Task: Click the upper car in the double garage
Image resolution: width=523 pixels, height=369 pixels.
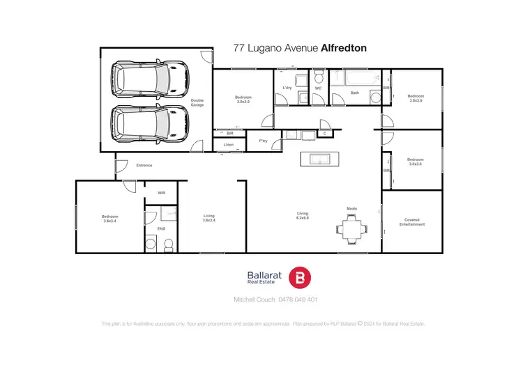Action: pyautogui.click(x=150, y=77)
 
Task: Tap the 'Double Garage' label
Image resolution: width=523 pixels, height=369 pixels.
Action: pyautogui.click(x=197, y=102)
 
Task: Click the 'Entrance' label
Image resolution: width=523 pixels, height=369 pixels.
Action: pyautogui.click(x=144, y=165)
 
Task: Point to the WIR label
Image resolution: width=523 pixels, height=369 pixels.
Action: pyautogui.click(x=161, y=193)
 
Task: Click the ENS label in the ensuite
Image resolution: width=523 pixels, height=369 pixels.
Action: pyautogui.click(x=161, y=228)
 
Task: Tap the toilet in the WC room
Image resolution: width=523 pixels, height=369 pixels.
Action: pyautogui.click(x=318, y=74)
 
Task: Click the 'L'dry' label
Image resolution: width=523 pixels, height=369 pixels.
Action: pyautogui.click(x=287, y=88)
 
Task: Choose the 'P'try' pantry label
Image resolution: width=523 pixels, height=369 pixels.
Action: pyautogui.click(x=264, y=141)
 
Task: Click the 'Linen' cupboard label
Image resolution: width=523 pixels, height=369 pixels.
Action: pyautogui.click(x=229, y=145)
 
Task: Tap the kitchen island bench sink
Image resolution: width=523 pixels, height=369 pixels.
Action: pyautogui.click(x=318, y=159)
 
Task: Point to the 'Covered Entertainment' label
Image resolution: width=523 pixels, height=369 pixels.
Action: pyautogui.click(x=412, y=222)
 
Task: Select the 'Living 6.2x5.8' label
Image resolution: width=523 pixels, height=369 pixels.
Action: pyautogui.click(x=303, y=216)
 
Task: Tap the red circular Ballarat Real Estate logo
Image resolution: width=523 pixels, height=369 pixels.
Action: pyautogui.click(x=300, y=276)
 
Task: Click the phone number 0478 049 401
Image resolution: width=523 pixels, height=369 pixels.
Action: pyautogui.click(x=298, y=300)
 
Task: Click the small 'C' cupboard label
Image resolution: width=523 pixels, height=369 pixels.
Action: pyautogui.click(x=324, y=133)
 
